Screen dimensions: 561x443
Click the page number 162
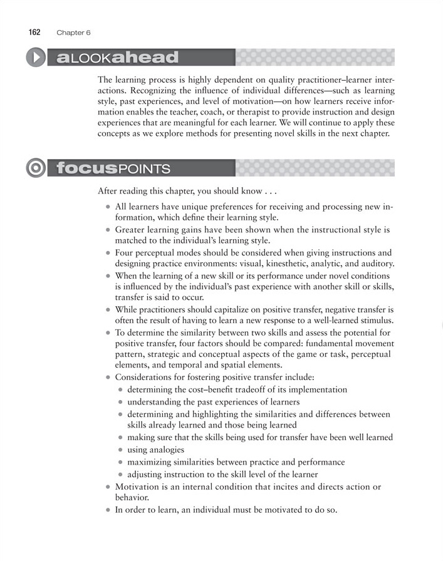pos(34,31)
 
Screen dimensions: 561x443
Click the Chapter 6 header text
pos(73,32)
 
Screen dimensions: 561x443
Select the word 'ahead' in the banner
pos(145,58)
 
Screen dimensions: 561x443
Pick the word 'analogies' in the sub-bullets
pos(165,449)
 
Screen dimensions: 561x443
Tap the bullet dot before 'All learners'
pos(108,206)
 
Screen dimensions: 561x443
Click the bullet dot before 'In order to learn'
pos(108,510)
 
